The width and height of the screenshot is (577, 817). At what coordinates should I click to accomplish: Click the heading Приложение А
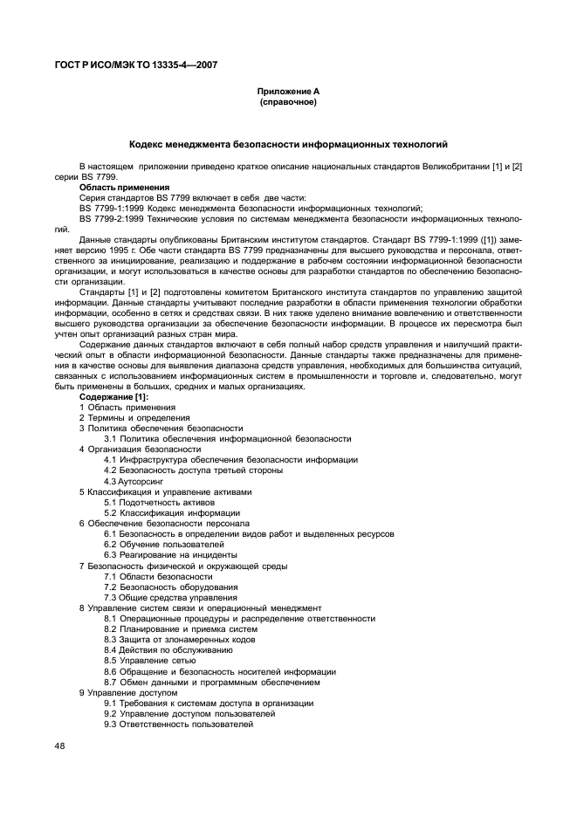288,92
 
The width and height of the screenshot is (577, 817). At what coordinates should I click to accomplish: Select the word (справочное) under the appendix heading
288,102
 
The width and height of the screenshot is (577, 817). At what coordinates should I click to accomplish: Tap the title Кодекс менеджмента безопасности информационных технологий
288,144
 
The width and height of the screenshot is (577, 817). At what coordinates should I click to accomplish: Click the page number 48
59,746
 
